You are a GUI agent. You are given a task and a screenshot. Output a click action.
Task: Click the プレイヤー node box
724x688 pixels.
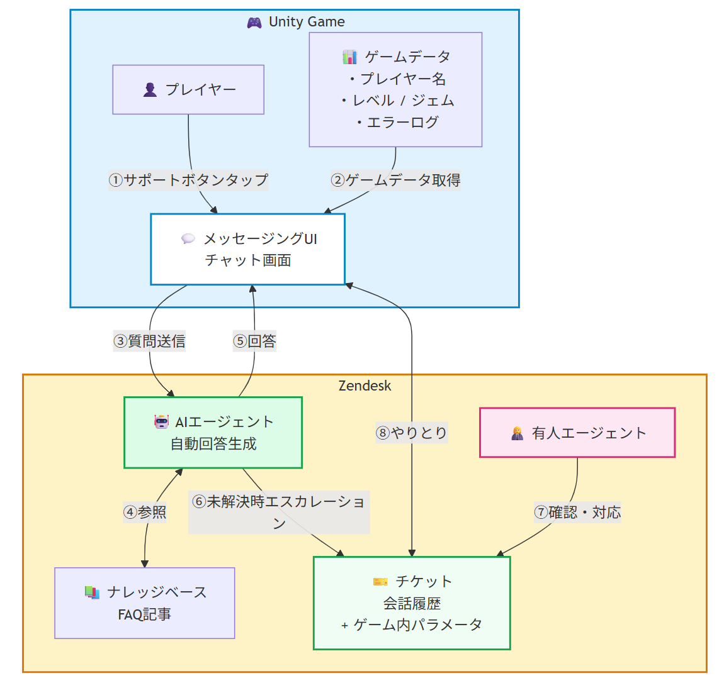click(x=188, y=89)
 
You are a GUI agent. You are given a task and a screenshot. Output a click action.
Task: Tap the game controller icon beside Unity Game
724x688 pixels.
click(x=254, y=23)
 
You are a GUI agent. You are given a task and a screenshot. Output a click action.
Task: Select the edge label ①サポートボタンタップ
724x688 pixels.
click(x=188, y=180)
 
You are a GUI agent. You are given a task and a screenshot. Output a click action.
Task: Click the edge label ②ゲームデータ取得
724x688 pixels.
click(x=395, y=180)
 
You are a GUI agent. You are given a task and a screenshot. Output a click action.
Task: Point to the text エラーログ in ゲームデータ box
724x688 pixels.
click(x=402, y=123)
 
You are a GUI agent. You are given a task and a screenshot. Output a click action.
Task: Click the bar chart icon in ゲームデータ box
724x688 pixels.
click(x=349, y=57)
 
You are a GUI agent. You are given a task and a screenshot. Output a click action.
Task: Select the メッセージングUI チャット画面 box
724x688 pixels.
click(x=247, y=250)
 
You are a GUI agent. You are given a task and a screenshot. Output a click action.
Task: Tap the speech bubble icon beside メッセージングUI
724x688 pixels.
click(x=188, y=239)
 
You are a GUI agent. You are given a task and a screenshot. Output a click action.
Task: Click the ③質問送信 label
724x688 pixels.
click(x=149, y=341)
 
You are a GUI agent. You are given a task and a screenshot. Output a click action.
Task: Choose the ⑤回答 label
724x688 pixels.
click(x=254, y=341)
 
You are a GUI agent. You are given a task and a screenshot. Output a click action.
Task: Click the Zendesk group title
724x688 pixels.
click(x=365, y=386)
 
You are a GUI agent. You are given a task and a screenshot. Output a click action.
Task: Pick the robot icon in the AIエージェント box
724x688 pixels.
click(x=162, y=422)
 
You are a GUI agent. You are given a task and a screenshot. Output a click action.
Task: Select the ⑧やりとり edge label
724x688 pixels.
click(x=412, y=433)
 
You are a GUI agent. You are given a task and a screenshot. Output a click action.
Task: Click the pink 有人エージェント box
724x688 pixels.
click(x=577, y=433)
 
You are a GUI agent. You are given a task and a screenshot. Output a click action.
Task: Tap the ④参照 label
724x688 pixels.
click(x=145, y=513)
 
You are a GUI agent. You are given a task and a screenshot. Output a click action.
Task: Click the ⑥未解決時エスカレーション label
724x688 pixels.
click(x=279, y=512)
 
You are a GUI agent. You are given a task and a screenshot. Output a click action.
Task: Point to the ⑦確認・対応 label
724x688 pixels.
click(x=577, y=513)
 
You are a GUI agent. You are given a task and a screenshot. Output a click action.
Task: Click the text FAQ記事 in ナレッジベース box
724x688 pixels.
click(x=145, y=614)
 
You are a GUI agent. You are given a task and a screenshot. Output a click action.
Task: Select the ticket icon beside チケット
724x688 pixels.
click(x=380, y=582)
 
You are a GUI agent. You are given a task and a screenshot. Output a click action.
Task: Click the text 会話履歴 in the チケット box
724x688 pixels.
click(x=412, y=604)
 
